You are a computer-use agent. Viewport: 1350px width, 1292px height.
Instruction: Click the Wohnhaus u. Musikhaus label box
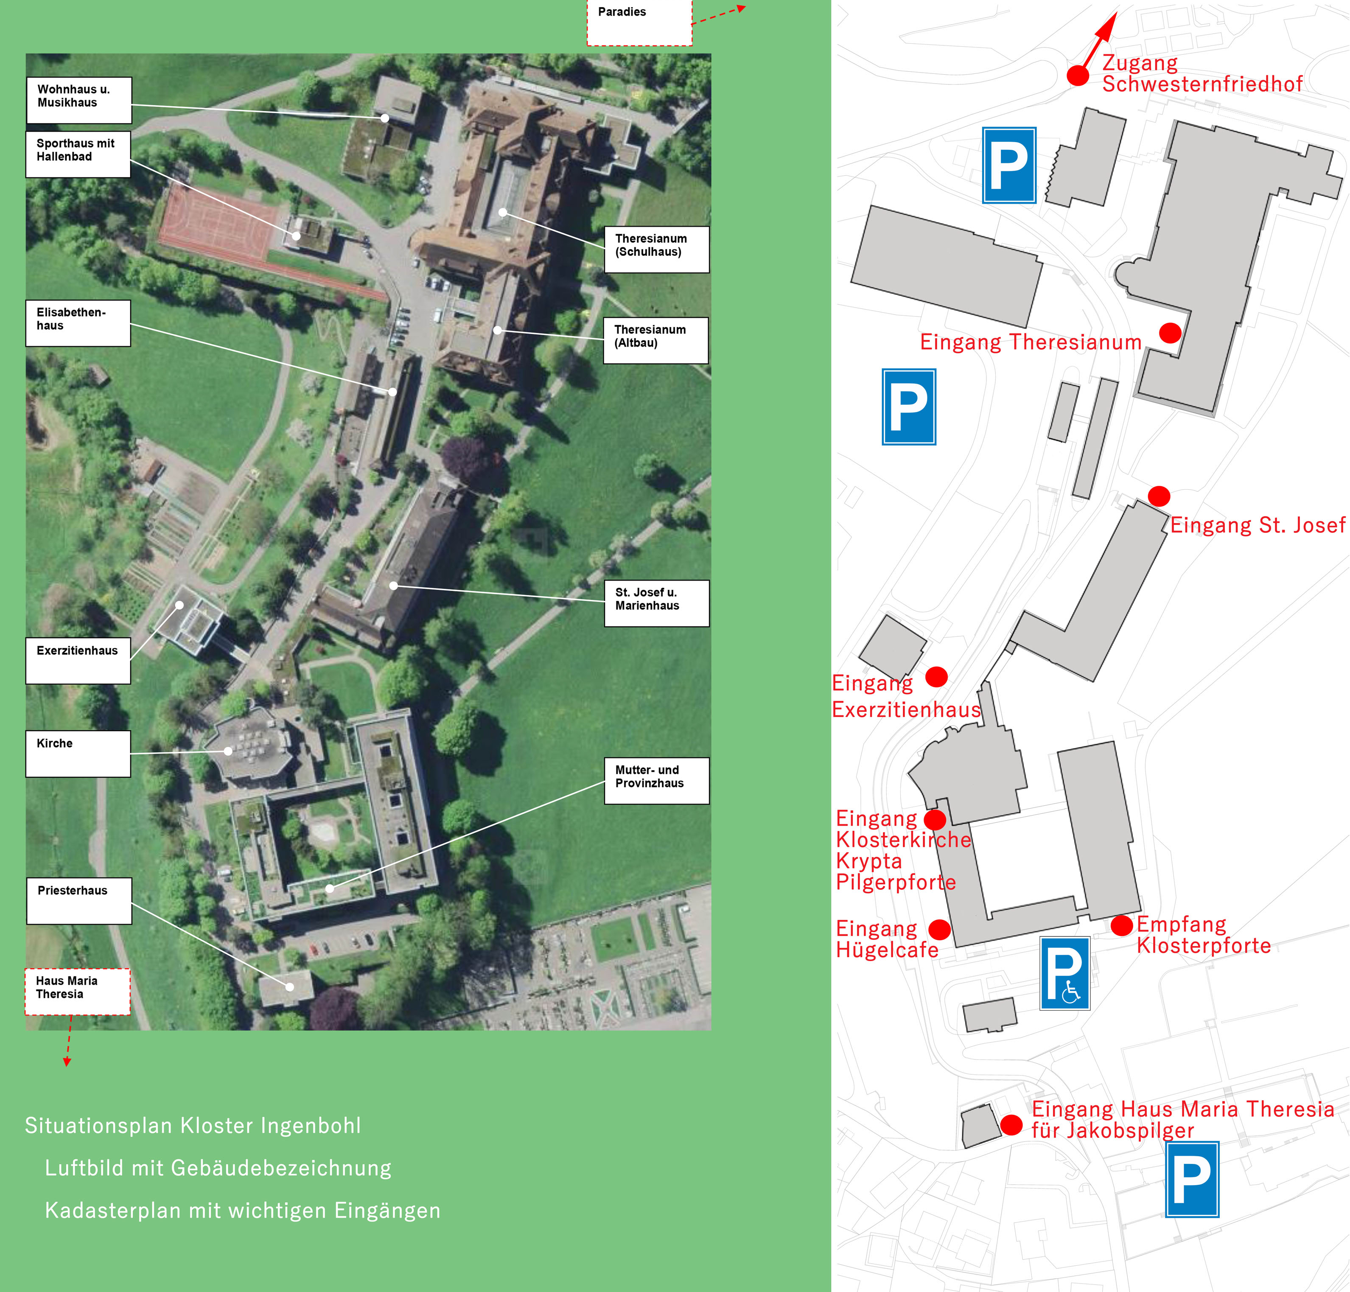[x=78, y=100]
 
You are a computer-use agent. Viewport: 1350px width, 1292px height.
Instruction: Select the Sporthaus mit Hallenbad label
[x=78, y=154]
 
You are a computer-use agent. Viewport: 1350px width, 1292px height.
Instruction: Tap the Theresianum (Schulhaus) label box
[x=656, y=249]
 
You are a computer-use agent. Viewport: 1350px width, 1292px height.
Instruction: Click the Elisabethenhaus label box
[x=78, y=323]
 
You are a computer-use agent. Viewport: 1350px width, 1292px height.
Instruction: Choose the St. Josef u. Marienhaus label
[x=656, y=603]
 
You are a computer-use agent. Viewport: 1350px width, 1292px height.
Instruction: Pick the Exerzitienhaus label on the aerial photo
[x=78, y=661]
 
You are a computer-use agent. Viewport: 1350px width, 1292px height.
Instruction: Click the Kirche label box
[x=78, y=754]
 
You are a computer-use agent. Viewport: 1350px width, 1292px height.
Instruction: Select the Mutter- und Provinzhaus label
[x=656, y=781]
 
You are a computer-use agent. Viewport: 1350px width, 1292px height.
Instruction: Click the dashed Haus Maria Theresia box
[x=77, y=992]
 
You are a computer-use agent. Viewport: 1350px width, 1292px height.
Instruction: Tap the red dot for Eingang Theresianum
[x=1170, y=334]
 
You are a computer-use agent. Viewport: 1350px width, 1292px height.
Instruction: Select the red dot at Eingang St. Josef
[x=1159, y=496]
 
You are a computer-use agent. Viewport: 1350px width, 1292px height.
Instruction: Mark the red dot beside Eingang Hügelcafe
[x=939, y=930]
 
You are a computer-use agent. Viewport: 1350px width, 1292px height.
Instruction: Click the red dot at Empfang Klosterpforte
[x=1121, y=925]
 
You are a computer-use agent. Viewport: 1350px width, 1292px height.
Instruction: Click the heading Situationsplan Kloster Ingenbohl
[x=193, y=1125]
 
